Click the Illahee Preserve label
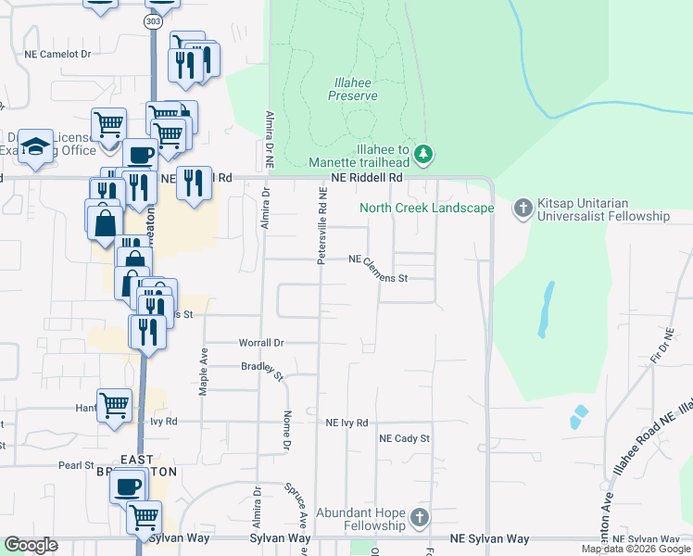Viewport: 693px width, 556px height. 352,88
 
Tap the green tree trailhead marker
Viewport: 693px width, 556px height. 423,153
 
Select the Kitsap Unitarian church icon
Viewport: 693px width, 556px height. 523,208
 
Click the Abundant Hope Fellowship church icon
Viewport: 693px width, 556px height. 420,517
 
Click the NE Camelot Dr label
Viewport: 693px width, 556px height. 57,55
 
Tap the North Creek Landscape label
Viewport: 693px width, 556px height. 427,208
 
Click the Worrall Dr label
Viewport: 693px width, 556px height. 261,343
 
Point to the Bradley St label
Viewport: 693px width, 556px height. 262,370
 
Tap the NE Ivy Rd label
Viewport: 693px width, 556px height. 347,423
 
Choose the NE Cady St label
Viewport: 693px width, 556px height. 405,438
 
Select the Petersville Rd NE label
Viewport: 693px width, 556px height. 322,227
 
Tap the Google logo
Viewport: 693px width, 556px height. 31,545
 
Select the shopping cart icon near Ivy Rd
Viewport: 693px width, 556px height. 114,405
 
